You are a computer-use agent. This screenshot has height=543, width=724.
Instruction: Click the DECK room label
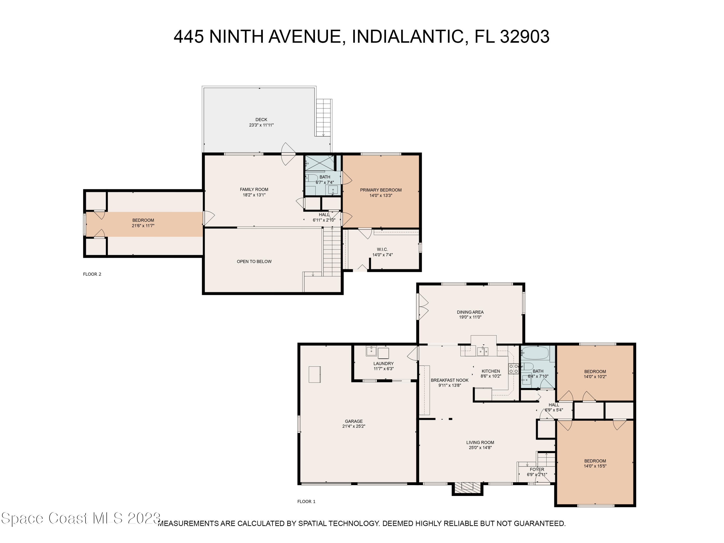[261, 120]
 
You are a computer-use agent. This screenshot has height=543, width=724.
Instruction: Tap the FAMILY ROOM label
[254, 189]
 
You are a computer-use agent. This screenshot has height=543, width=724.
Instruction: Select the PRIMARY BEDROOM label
[381, 190]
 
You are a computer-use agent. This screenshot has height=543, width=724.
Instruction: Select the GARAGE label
[354, 421]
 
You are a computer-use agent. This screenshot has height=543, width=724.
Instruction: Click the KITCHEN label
[491, 371]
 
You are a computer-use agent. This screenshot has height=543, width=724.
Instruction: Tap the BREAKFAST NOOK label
[449, 380]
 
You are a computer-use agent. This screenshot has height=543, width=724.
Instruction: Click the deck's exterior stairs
[323, 117]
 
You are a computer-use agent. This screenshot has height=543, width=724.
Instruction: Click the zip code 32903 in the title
[524, 36]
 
